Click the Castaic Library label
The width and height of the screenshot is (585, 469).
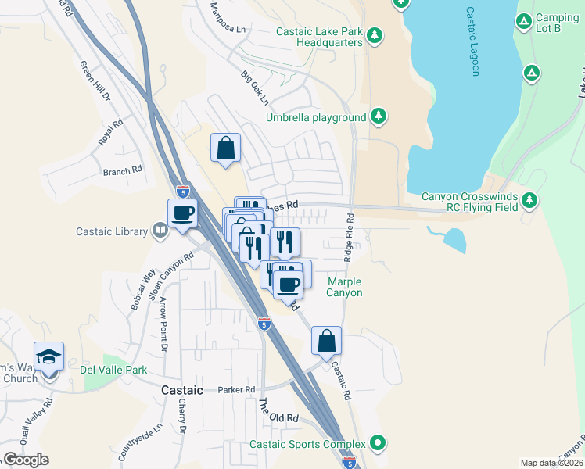[112, 231]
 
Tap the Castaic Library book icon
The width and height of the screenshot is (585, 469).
[160, 231]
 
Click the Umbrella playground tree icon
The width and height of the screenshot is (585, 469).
[379, 116]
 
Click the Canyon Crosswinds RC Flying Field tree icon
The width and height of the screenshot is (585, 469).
[531, 201]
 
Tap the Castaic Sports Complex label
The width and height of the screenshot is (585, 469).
[309, 444]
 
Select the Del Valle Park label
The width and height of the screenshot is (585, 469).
[113, 369]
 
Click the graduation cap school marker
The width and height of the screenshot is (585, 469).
[49, 356]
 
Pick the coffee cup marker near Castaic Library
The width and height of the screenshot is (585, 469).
[183, 213]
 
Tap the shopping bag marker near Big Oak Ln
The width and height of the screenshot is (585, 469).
[225, 147]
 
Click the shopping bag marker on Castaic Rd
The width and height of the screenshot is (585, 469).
[326, 341]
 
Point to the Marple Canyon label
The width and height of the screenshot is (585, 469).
[345, 287]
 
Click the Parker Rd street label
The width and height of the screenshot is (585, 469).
[237, 389]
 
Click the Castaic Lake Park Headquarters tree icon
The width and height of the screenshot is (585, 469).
[375, 34]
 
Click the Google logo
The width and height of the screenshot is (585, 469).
[26, 460]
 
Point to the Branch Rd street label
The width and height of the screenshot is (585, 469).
[122, 169]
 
